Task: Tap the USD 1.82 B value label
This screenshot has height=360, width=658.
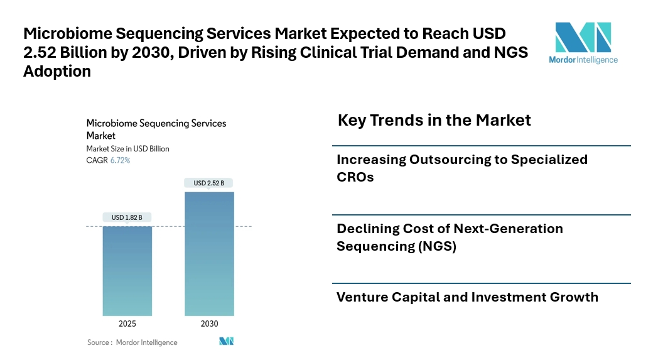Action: pos(127,217)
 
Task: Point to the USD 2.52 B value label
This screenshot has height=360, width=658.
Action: pos(209,183)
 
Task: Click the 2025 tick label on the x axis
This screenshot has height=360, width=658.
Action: pos(127,324)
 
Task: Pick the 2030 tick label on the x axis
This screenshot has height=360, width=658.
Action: pos(209,324)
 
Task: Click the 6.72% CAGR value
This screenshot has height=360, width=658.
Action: pos(120,160)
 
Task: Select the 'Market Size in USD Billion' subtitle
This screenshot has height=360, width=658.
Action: pos(127,149)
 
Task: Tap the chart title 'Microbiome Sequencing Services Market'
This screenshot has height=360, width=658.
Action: pos(156,129)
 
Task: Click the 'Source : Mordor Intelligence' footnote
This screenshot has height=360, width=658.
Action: pos(132,342)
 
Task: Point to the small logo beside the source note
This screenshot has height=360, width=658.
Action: pos(226,341)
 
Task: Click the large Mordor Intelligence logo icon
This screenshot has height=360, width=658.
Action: pos(583,37)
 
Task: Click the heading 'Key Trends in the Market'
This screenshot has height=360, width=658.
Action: pos(434,119)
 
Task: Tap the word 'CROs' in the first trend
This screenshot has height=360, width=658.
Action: pos(355,177)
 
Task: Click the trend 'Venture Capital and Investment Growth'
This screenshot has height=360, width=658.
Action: pos(467,297)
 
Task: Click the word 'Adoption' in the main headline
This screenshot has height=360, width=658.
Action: pos(57,72)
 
